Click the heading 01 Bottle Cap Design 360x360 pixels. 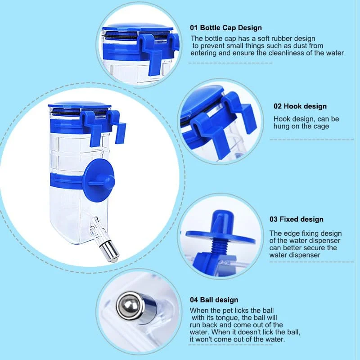226,28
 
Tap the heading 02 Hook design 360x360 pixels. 300,106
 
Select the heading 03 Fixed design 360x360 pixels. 297,219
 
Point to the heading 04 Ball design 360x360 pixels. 214,300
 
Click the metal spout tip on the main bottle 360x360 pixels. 109,252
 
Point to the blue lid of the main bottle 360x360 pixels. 80,106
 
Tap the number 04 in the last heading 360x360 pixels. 194,300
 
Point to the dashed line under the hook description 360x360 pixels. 312,139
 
